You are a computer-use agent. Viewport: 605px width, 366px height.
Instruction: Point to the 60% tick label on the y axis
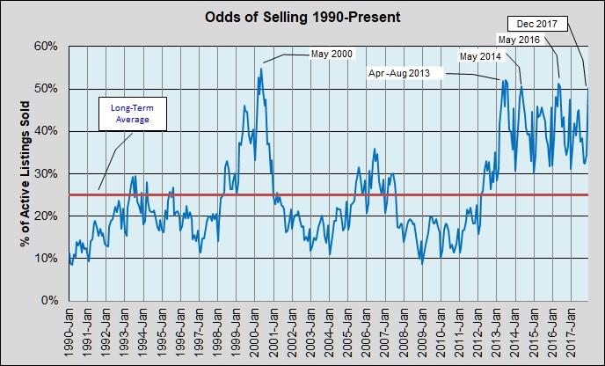(46, 46)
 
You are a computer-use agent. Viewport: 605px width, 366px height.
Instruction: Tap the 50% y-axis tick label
(46, 89)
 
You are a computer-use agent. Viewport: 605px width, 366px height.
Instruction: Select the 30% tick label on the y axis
(46, 173)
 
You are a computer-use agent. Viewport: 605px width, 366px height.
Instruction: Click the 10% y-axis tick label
(46, 259)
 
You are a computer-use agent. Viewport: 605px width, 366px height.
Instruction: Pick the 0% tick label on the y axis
(48, 301)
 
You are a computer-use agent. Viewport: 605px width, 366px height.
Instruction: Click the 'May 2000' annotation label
(332, 55)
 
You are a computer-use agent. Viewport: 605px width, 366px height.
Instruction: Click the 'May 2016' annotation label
(519, 40)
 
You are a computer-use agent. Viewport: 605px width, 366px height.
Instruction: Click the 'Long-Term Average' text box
(129, 113)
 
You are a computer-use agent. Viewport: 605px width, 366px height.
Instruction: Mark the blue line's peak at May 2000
(260, 68)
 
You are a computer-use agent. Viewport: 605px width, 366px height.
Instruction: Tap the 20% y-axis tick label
(46, 216)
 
